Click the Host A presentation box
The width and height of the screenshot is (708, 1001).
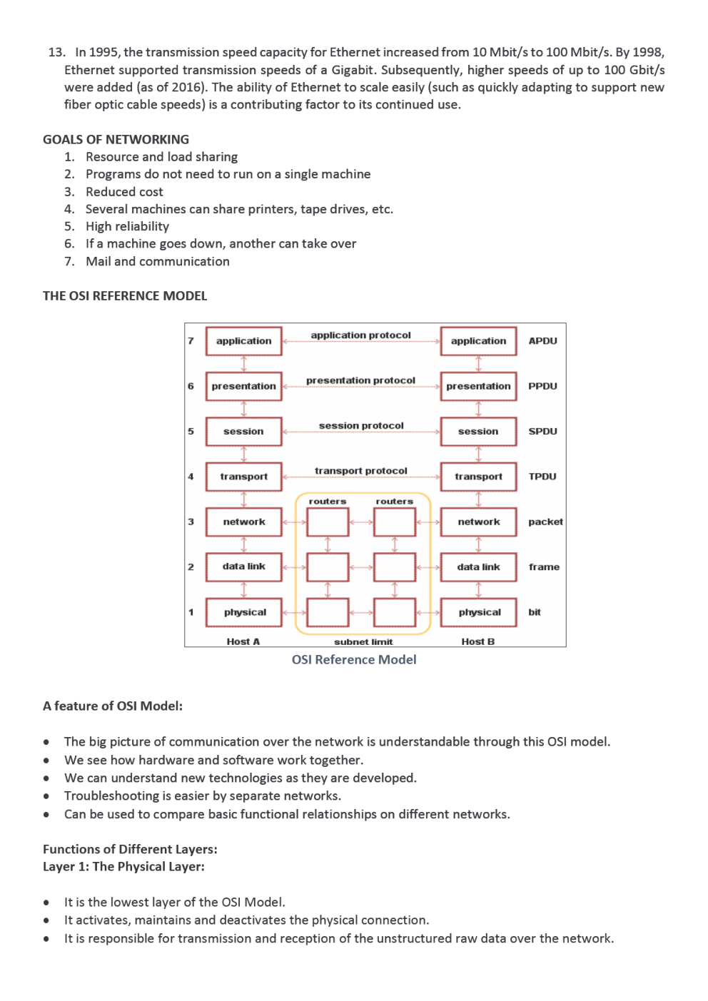coord(243,386)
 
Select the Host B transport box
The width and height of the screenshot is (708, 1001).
coord(478,477)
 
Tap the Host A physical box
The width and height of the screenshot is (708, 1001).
coord(244,612)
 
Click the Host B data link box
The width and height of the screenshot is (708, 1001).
coord(478,567)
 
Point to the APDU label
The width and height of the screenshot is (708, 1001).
coord(542,341)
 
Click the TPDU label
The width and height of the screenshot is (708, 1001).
coord(542,477)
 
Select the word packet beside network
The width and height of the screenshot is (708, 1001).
coord(545,522)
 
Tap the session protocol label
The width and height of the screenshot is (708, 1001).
coord(361,426)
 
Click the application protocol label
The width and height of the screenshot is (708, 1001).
coord(360,335)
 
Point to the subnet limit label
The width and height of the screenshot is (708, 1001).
coord(363,642)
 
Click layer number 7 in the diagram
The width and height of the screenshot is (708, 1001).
coord(191,341)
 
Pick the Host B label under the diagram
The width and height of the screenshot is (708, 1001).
coord(477,642)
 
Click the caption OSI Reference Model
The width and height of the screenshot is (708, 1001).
coord(354,660)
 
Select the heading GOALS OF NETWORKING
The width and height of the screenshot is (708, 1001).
coord(116,140)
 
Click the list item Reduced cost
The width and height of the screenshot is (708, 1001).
coord(124,192)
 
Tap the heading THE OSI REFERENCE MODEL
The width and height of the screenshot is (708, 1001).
coord(125,296)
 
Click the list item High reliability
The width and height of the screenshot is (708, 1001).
coord(127,227)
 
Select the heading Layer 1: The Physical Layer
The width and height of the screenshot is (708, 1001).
coord(123,867)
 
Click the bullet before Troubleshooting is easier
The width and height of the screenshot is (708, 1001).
coord(46,796)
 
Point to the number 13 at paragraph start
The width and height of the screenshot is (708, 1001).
coord(56,53)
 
